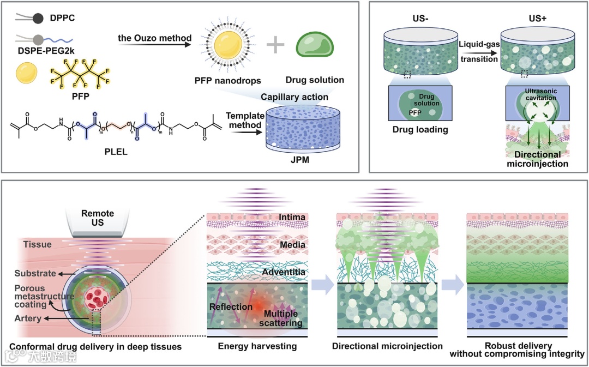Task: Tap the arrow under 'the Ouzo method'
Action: coord(155,47)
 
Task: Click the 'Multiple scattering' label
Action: coord(281,318)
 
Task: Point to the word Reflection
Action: coord(231,306)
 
